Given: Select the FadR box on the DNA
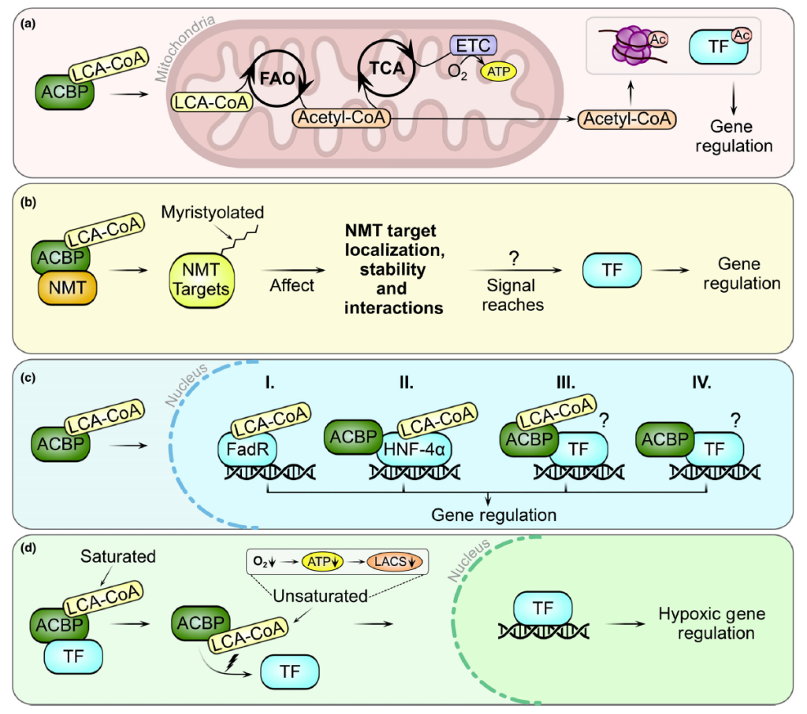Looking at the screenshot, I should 240,449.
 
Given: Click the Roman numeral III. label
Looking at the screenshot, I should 567,385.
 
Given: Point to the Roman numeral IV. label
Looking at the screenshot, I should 700,385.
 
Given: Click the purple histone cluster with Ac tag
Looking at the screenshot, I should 630,49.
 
